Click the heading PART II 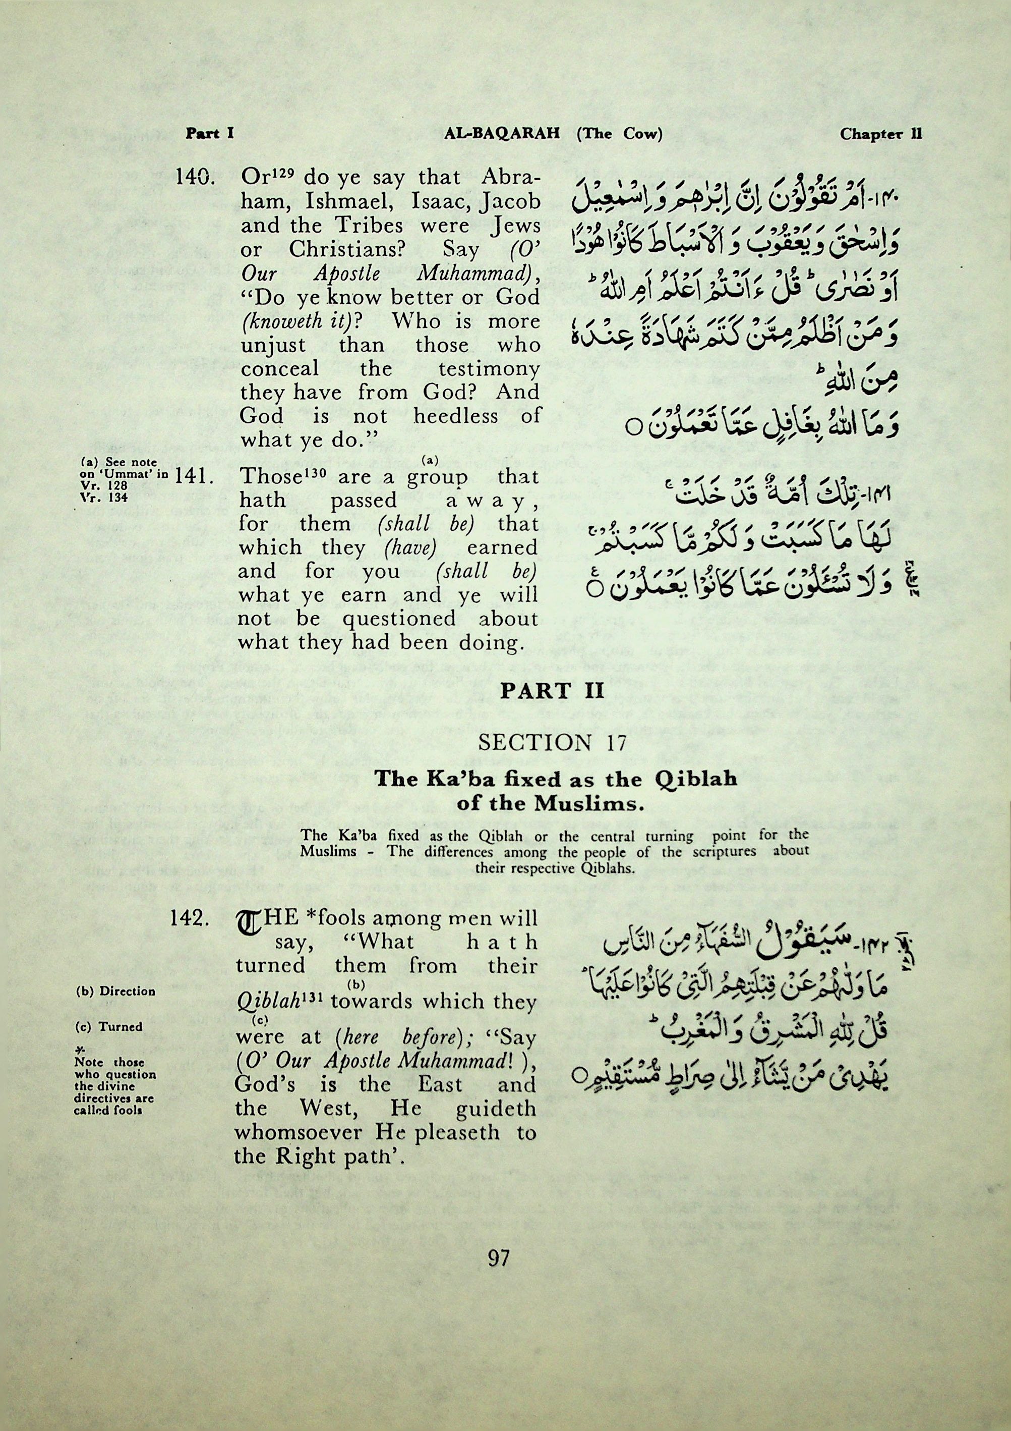pos(553,691)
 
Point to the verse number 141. pos(195,477)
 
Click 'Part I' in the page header pos(209,133)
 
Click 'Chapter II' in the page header pos(880,133)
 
